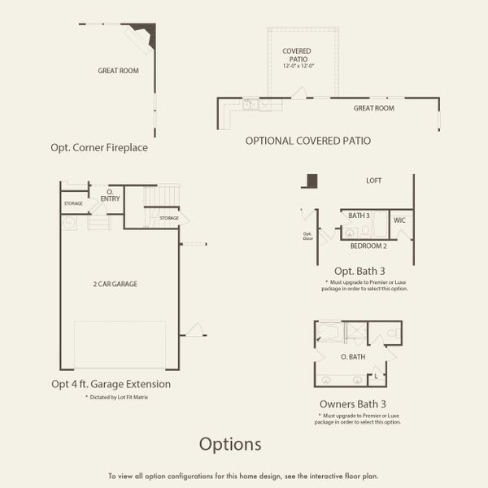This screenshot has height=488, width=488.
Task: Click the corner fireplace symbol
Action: tap(144, 33)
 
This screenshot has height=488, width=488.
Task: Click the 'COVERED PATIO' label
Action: tap(297, 55)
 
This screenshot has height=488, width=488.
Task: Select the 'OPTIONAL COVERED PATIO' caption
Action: tap(308, 141)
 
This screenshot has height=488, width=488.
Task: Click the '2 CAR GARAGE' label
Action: tap(114, 284)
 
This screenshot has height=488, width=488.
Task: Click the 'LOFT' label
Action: tap(374, 181)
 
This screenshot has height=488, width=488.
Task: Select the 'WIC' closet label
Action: tap(399, 220)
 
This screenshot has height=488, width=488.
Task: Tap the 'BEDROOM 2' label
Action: tap(368, 245)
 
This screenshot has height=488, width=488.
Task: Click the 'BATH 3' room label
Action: tap(359, 216)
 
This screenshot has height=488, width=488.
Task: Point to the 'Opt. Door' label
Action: tap(307, 237)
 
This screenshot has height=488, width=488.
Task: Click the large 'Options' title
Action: tap(231, 444)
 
